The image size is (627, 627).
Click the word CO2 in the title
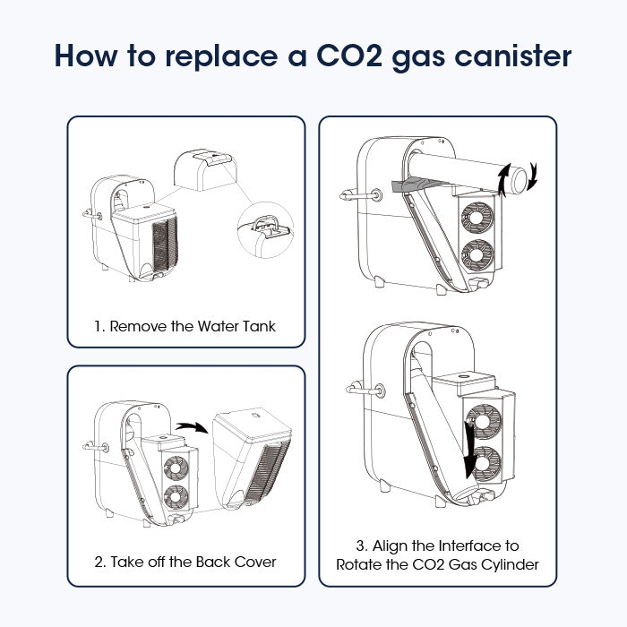pyautogui.click(x=349, y=56)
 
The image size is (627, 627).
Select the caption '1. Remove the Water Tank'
pyautogui.click(x=185, y=326)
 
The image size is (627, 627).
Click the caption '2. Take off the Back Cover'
pyautogui.click(x=185, y=562)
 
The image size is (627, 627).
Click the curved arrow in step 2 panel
pyautogui.click(x=192, y=426)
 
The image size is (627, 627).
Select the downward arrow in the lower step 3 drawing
pyautogui.click(x=468, y=450)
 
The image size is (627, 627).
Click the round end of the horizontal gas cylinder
pyautogui.click(x=520, y=180)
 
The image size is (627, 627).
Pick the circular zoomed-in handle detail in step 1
pyautogui.click(x=265, y=229)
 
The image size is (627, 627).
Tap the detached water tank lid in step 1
pyautogui.click(x=205, y=170)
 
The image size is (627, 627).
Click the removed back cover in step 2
pyautogui.click(x=251, y=459)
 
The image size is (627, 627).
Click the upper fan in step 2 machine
pyautogui.click(x=176, y=468)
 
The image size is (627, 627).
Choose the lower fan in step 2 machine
pyautogui.click(x=176, y=497)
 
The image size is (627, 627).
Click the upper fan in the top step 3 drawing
pyautogui.click(x=477, y=218)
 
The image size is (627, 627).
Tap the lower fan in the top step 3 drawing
pyautogui.click(x=477, y=255)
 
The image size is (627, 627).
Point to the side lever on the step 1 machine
pyautogui.click(x=92, y=215)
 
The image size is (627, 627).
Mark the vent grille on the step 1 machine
pyautogui.click(x=165, y=245)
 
